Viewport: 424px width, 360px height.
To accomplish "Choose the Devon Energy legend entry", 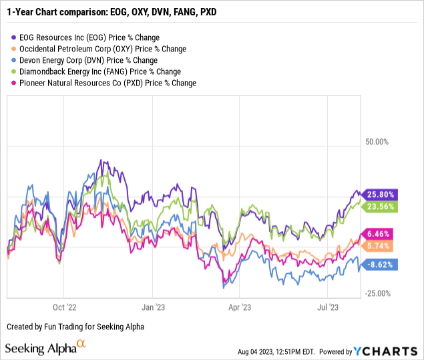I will point(86,60).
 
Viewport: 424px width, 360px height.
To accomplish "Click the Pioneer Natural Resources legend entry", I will point(103,83).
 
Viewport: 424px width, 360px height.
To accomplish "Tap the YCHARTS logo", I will point(387,351).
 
